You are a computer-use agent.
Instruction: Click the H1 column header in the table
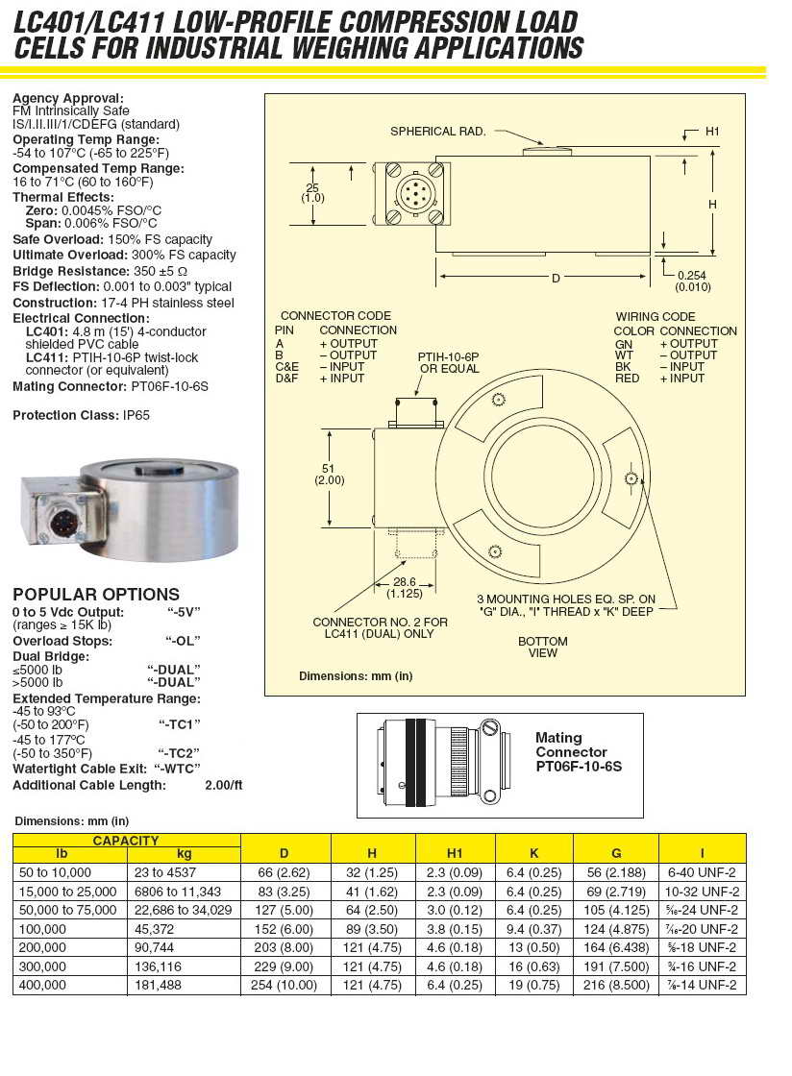(x=455, y=853)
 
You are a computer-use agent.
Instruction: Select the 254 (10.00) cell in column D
(x=284, y=985)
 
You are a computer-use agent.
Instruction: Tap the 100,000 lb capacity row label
(x=43, y=929)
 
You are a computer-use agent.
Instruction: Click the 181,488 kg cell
(x=158, y=985)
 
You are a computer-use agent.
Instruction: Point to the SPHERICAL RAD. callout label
(x=437, y=131)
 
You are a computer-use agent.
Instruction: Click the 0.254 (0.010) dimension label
(x=692, y=281)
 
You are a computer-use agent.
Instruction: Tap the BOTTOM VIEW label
(x=543, y=647)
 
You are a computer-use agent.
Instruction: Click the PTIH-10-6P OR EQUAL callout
(x=449, y=362)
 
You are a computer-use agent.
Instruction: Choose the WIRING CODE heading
(x=656, y=317)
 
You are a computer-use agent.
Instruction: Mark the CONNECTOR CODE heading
(x=335, y=316)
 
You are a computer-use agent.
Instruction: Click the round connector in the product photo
(x=64, y=525)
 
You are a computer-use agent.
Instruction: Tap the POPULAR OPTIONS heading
(x=96, y=595)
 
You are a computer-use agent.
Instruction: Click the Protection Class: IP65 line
(x=81, y=415)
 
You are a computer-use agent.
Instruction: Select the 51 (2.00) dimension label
(x=330, y=474)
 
